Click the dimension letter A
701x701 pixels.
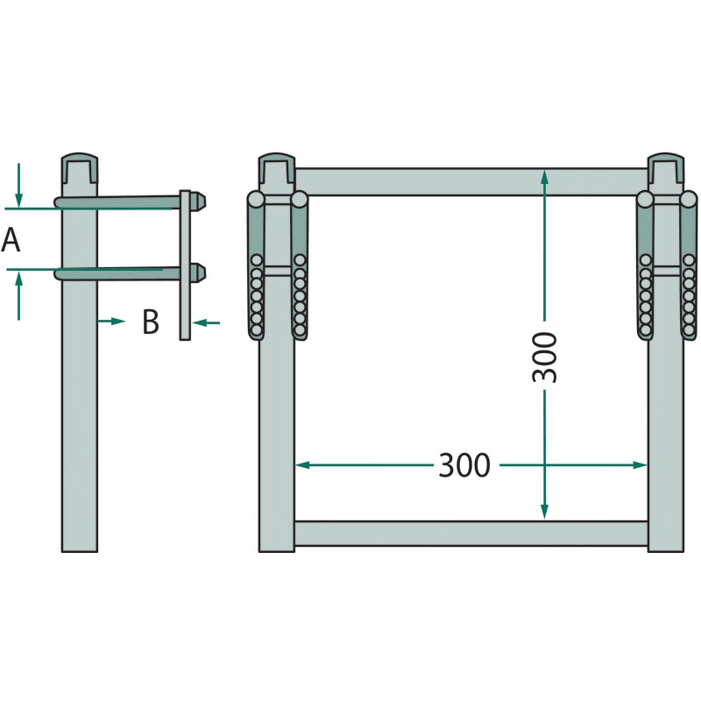[11, 239]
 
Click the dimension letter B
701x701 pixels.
[151, 322]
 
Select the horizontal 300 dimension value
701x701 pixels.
[464, 465]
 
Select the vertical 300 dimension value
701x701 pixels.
[545, 358]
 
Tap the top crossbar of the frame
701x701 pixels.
[471, 181]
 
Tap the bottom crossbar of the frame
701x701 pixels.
[471, 534]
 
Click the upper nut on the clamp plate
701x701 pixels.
[198, 202]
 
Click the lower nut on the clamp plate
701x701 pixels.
[198, 273]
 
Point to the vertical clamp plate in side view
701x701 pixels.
[185, 266]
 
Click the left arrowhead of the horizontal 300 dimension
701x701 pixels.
[302, 465]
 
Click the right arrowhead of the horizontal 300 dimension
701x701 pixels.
[641, 465]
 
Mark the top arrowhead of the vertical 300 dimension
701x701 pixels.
[544, 177]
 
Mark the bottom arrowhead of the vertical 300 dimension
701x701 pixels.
[544, 513]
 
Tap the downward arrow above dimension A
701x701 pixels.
[18, 186]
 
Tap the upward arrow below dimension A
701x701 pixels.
[18, 295]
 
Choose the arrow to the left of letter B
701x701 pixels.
[111, 322]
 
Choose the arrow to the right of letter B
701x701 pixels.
[206, 322]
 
